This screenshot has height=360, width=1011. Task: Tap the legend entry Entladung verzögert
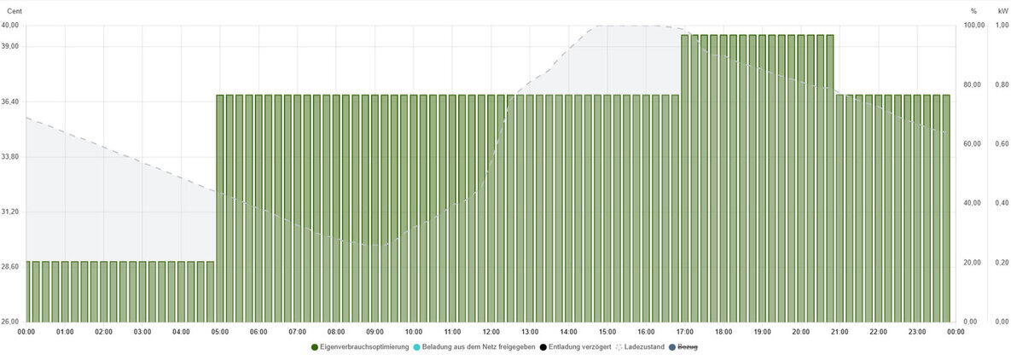579,347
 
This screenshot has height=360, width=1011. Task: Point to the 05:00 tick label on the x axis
220,332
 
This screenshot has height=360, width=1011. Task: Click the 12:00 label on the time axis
491,332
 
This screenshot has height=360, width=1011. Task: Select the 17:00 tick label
684,332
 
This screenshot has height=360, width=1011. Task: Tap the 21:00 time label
840,332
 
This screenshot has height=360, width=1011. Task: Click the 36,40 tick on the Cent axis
11,102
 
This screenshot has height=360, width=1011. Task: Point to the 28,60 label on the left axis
11,267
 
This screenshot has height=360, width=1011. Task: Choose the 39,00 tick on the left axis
11,46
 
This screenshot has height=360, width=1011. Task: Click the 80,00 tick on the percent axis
973,84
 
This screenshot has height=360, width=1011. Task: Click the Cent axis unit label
15,11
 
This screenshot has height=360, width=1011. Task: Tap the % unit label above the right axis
973,11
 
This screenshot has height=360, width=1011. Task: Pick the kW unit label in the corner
1002,11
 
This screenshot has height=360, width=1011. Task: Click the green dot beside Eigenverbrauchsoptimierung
315,347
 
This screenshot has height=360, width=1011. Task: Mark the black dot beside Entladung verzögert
543,347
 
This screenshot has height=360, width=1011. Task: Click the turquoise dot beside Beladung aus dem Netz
416,347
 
